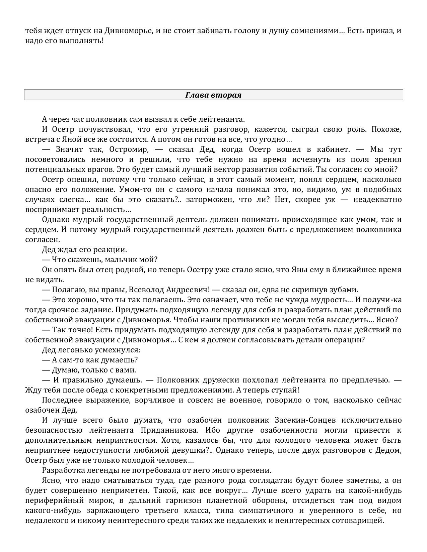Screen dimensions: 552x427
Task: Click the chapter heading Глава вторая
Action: tap(213, 95)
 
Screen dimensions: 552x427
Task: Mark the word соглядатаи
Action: tap(290, 480)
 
